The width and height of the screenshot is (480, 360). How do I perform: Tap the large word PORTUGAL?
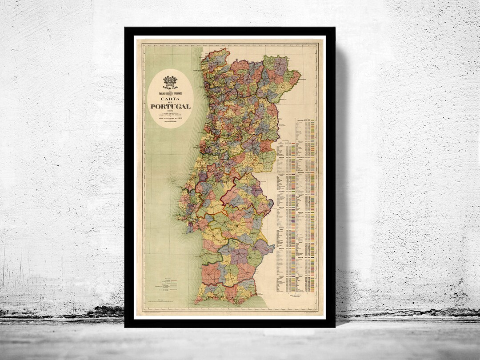170,107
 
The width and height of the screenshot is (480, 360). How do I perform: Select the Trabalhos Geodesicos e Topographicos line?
170,92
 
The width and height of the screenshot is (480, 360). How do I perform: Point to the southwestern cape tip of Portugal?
196,298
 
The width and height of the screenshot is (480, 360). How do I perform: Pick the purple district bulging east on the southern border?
265,247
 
